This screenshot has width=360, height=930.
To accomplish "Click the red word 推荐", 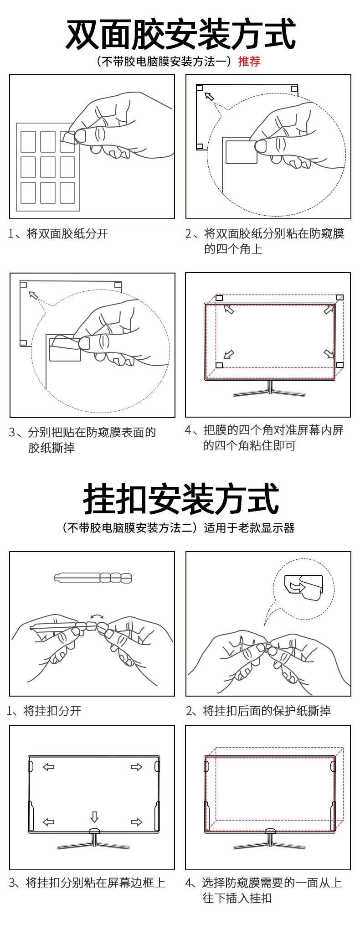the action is pyautogui.click(x=249, y=62).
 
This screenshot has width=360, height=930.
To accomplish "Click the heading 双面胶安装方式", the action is pyautogui.click(x=180, y=34).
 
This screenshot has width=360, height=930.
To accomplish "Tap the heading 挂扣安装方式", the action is pyautogui.click(x=180, y=500).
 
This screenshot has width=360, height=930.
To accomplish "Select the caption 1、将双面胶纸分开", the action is pyautogui.click(x=58, y=234).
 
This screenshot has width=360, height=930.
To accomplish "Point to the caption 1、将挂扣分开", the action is pyautogui.click(x=44, y=711).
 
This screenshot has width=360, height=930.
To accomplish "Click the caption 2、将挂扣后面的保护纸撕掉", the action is pyautogui.click(x=258, y=711).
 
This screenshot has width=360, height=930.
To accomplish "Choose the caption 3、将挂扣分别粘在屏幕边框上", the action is pyautogui.click(x=87, y=883).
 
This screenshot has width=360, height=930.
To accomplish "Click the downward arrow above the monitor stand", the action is pyautogui.click(x=94, y=816).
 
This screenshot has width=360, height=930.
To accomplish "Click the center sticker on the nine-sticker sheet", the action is pyautogui.click(x=48, y=167).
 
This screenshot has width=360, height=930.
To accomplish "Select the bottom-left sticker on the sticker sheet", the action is pyautogui.click(x=28, y=192).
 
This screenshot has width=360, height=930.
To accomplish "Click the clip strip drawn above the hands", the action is pyautogui.click(x=93, y=578).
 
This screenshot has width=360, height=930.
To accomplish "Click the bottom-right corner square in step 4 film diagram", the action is pyautogui.click(x=339, y=365).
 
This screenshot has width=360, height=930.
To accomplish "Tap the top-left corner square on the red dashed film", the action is pyautogui.click(x=219, y=298).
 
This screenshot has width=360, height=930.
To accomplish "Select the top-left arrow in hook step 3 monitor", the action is pyautogui.click(x=48, y=767).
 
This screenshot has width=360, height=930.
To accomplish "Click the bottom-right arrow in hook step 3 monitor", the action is pyautogui.click(x=136, y=822).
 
